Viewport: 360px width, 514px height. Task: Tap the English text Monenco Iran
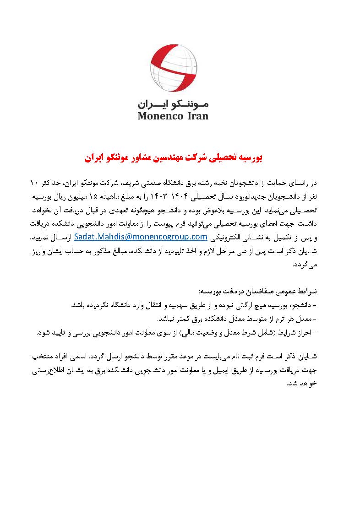pos(173,115)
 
